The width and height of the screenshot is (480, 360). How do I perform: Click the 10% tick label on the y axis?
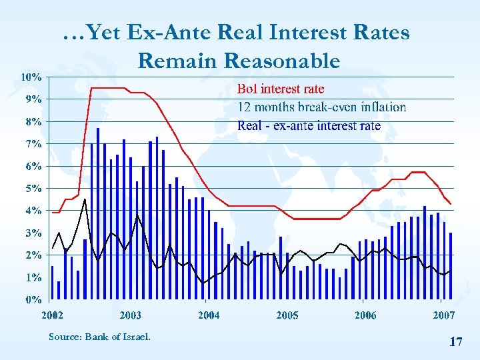[30, 77]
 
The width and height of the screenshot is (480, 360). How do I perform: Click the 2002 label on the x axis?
[53, 315]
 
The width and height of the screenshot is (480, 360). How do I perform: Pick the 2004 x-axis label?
[209, 315]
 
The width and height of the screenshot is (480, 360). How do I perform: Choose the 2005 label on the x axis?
[287, 315]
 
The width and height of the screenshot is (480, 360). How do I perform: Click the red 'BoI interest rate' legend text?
[281, 88]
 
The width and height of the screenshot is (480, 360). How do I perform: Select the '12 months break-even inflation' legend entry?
[321, 107]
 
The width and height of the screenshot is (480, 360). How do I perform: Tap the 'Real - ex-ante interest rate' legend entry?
[309, 125]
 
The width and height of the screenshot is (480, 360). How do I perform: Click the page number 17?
[456, 342]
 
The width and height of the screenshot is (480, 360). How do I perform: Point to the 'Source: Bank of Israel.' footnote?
[99, 336]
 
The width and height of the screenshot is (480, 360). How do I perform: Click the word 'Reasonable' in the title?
[283, 61]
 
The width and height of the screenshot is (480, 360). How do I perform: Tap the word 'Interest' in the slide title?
[303, 31]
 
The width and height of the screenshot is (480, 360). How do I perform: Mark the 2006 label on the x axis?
[365, 315]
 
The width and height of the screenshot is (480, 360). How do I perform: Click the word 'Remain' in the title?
[178, 61]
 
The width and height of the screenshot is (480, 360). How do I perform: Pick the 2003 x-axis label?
[131, 315]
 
